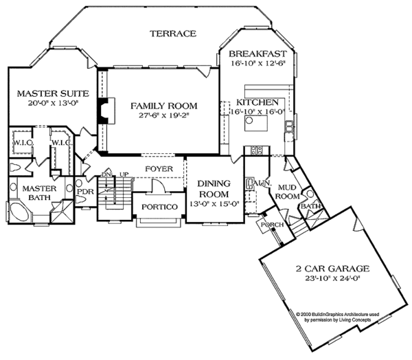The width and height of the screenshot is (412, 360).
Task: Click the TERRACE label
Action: [x=174, y=34]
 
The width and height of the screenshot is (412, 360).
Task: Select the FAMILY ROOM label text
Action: [x=163, y=105]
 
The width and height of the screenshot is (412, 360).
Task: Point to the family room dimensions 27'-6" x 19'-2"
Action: [x=164, y=117]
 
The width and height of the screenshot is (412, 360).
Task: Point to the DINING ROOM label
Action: [x=214, y=189]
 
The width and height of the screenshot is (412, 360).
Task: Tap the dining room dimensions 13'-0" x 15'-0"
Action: [x=214, y=203]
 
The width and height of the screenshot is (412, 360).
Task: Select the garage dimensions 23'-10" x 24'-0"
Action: [x=325, y=280]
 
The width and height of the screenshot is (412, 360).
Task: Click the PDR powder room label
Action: [x=85, y=183]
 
